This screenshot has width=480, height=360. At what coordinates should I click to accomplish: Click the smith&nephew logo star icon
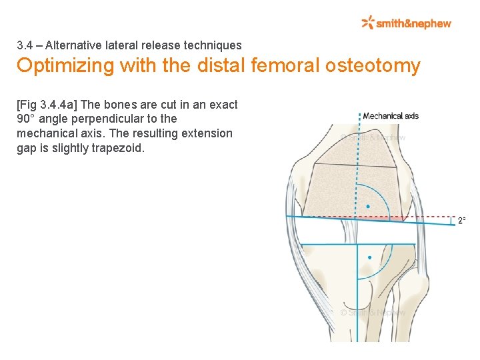click(367, 23)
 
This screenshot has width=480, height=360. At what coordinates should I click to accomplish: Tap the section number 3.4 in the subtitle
click(25, 46)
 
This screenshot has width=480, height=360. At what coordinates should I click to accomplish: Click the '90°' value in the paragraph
click(26, 119)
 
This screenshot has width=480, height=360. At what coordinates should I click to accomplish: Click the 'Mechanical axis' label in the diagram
click(391, 116)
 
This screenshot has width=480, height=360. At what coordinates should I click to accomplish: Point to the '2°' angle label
click(461, 221)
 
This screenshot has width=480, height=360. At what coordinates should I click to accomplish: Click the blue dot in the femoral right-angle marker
click(368, 207)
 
